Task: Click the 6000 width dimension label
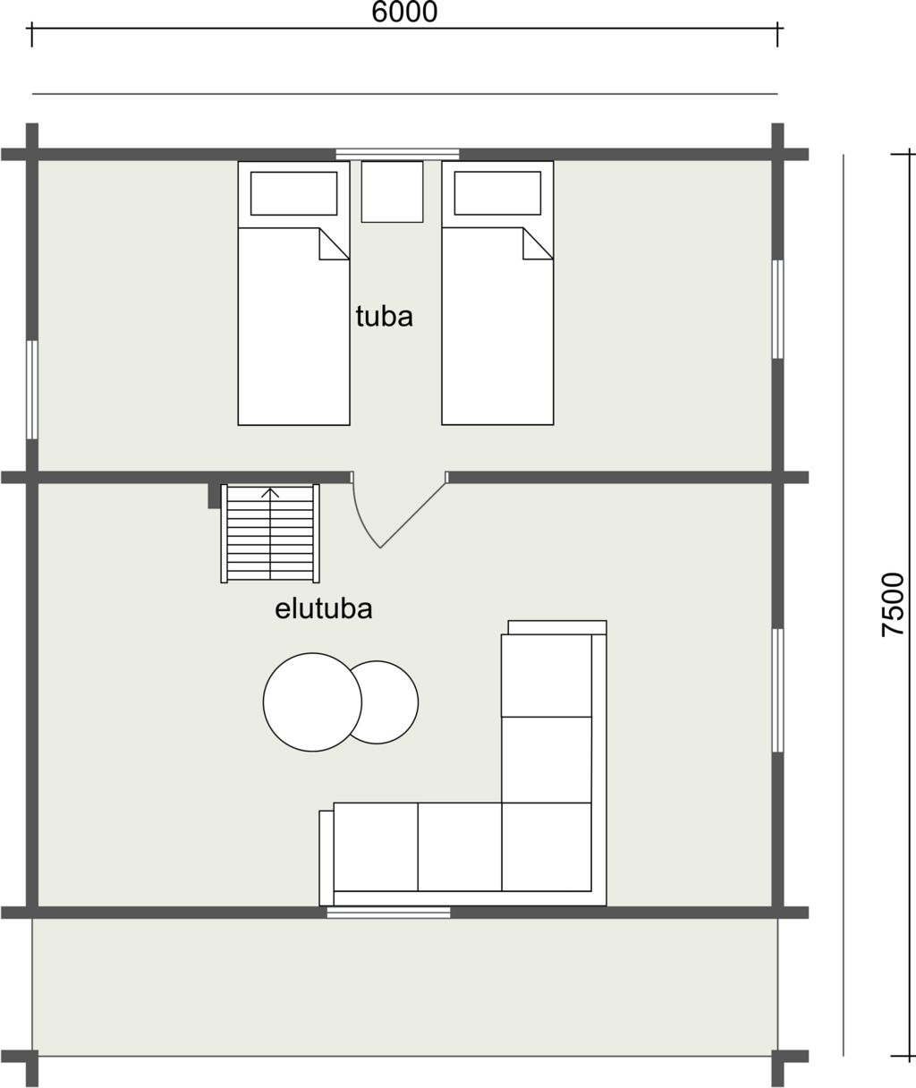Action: click(404, 13)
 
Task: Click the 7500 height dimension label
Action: click(893, 604)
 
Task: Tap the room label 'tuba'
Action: click(385, 317)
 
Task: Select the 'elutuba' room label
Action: click(324, 608)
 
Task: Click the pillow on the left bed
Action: click(294, 193)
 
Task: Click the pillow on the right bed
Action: click(497, 192)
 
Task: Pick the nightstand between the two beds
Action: click(393, 191)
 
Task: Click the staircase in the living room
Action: click(270, 533)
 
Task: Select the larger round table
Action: click(312, 701)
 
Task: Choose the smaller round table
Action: click(386, 701)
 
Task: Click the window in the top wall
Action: click(397, 154)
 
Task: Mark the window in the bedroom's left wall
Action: click(32, 390)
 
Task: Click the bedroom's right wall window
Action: click(777, 310)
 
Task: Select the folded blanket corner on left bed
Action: click(334, 244)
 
